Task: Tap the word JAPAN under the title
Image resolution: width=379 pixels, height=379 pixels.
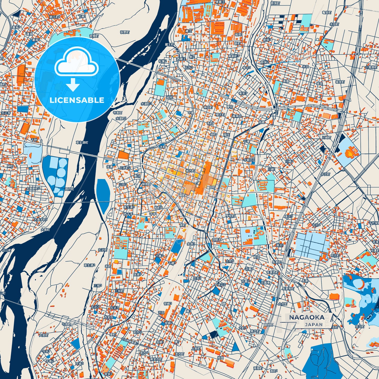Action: pyautogui.click(x=313, y=324)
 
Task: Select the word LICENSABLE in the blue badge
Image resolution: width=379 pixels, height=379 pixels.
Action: pyautogui.click(x=77, y=100)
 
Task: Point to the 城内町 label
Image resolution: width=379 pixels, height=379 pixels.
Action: pyautogui.click(x=190, y=171)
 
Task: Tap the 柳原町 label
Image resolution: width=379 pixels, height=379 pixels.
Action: pyautogui.click(x=146, y=184)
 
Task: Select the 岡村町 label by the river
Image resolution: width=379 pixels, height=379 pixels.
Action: pyautogui.click(x=70, y=189)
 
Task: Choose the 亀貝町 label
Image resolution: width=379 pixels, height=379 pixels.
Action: pyautogui.click(x=327, y=13)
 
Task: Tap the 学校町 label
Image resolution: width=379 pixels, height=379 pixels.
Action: pyautogui.click(x=230, y=216)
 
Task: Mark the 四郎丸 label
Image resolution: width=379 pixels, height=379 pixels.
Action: pyautogui.click(x=217, y=239)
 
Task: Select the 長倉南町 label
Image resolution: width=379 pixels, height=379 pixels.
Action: pyautogui.click(x=288, y=289)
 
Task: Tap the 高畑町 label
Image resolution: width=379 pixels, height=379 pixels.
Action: pyautogui.click(x=258, y=368)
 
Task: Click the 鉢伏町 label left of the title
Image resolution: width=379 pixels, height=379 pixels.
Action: pyautogui.click(x=268, y=325)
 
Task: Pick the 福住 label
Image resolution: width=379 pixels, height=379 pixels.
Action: pyautogui.click(x=226, y=135)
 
